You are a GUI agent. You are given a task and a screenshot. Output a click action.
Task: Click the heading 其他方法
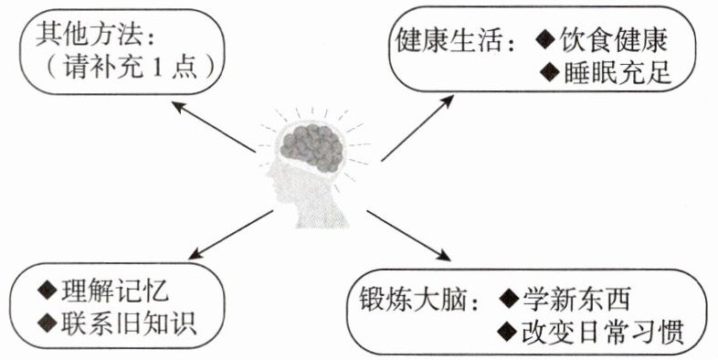88,34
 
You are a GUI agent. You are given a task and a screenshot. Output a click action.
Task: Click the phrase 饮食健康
614,40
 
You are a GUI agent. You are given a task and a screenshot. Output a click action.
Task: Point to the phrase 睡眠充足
618,72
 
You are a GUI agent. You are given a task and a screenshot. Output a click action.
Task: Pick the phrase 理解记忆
115,291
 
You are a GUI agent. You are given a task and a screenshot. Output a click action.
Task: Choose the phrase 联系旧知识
129,323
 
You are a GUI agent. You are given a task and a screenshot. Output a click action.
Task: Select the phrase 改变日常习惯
603,332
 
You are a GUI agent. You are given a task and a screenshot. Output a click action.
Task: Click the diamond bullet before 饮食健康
546,40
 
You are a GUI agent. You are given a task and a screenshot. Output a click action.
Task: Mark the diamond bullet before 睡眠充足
550,72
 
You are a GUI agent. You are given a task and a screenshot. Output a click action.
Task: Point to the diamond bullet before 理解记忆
48,291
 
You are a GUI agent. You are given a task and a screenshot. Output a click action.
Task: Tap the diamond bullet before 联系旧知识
48,323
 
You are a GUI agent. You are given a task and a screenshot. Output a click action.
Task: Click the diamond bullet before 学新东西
509,299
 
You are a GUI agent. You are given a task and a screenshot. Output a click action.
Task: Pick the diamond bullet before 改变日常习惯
507,332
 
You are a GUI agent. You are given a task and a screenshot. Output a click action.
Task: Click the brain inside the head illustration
311,147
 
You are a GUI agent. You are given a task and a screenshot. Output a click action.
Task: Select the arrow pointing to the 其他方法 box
214,127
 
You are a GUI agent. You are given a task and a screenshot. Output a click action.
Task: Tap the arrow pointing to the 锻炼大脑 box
408,236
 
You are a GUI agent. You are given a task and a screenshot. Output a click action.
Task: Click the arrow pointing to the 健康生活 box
417,128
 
